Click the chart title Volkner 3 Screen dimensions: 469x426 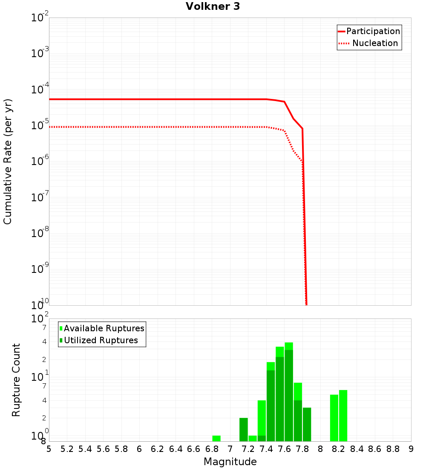click(213, 6)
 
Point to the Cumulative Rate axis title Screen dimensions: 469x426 click(8, 161)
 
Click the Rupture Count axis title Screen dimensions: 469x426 click(16, 379)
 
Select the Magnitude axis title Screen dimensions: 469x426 click(230, 462)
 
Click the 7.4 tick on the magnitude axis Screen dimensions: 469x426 click(266, 449)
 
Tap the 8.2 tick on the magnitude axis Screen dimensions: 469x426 click(339, 449)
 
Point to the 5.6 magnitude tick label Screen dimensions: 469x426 click(104, 449)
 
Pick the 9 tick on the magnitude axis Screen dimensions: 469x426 click(411, 449)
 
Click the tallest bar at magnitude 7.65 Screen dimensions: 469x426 click(289, 392)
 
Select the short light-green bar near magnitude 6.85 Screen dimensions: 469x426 click(216, 438)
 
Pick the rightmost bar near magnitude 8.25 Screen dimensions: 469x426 click(343, 416)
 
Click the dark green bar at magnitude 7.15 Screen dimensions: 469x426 click(244, 429)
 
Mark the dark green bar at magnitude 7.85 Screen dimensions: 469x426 click(307, 424)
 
